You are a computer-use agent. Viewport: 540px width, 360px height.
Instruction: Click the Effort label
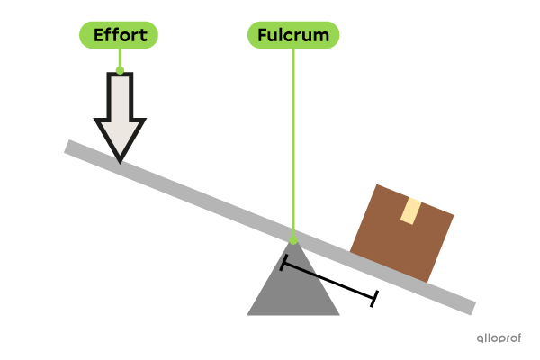point(119,35)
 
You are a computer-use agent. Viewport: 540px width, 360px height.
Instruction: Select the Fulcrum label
point(293,35)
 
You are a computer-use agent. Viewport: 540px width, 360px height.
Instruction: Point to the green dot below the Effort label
point(120,68)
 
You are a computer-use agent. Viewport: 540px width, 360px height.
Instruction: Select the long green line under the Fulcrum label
point(293,144)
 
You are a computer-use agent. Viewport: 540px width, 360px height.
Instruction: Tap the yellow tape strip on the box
point(411,211)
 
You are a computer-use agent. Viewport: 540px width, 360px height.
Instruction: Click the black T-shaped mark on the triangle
point(297,266)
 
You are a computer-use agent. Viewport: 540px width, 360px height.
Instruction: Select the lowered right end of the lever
point(470,306)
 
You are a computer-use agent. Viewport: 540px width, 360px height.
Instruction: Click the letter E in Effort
point(99,35)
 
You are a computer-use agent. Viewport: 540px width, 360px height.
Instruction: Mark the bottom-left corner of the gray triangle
point(248,314)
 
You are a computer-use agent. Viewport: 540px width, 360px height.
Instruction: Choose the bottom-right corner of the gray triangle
point(339,314)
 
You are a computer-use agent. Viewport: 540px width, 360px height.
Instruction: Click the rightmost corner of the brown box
point(454,215)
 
